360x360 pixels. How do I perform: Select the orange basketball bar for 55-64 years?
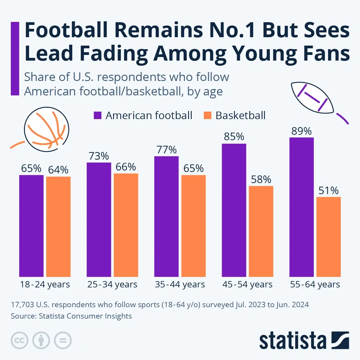328,237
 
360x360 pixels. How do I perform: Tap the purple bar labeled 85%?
234,210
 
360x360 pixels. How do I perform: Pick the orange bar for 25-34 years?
126,225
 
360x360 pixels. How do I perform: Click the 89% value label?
301,131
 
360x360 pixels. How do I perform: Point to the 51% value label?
328,191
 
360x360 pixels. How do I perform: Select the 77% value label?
166,150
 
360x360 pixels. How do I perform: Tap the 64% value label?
58,170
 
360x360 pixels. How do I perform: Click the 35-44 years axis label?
180,284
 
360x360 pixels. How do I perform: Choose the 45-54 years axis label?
247,284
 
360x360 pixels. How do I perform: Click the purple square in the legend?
97,115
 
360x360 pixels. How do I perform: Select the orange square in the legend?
207,115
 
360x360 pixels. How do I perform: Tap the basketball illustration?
46,129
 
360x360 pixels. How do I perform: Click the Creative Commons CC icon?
19,340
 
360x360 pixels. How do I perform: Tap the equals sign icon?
63,340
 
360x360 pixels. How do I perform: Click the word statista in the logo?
292,341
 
